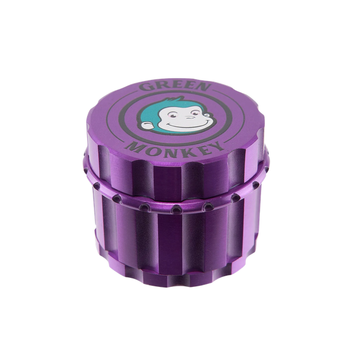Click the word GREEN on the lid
tap(175, 87)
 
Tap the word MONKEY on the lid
tap(175, 149)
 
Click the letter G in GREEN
tap(145, 87)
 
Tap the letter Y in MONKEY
tap(217, 145)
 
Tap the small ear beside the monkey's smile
tap(208, 115)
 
